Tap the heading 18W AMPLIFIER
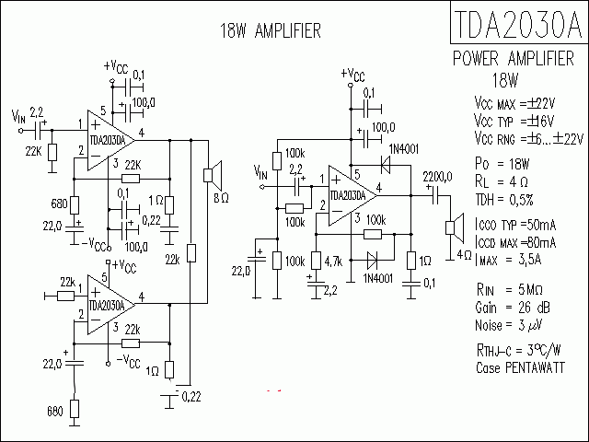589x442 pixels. coord(270,31)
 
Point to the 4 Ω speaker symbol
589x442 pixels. coord(453,227)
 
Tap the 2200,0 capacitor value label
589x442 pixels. coord(436,175)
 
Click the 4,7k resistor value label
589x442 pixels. coord(333,262)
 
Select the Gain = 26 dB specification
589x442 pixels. coord(513,306)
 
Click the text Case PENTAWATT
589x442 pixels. coord(517,366)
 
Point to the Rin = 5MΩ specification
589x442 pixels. coord(512,289)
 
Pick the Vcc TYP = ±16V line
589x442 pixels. coord(514,121)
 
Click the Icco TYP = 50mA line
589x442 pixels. coord(514,226)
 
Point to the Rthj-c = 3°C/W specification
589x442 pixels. coord(519,350)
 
